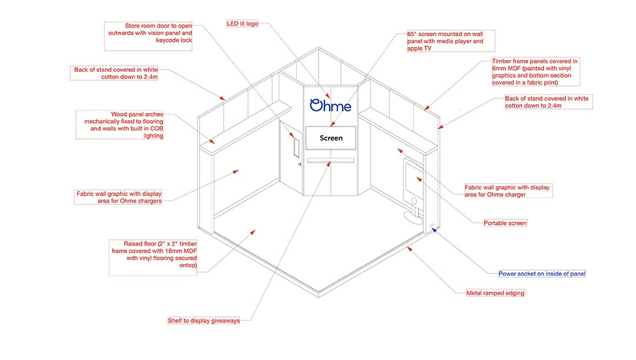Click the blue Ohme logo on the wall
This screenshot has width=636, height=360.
pos(330,105)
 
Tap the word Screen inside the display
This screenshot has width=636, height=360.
pos(330,138)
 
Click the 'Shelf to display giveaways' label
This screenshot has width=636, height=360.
pos(204,321)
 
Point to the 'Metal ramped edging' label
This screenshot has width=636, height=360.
pos(495,293)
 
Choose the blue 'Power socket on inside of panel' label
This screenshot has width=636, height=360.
pos(542,274)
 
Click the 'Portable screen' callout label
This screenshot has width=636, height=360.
pos(505,223)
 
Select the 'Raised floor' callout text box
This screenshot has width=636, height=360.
pos(153,255)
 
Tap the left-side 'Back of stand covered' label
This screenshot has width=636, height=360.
pos(115,73)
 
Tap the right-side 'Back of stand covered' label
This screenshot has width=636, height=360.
pos(548,102)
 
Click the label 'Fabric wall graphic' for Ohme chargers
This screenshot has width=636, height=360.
pos(118,197)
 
